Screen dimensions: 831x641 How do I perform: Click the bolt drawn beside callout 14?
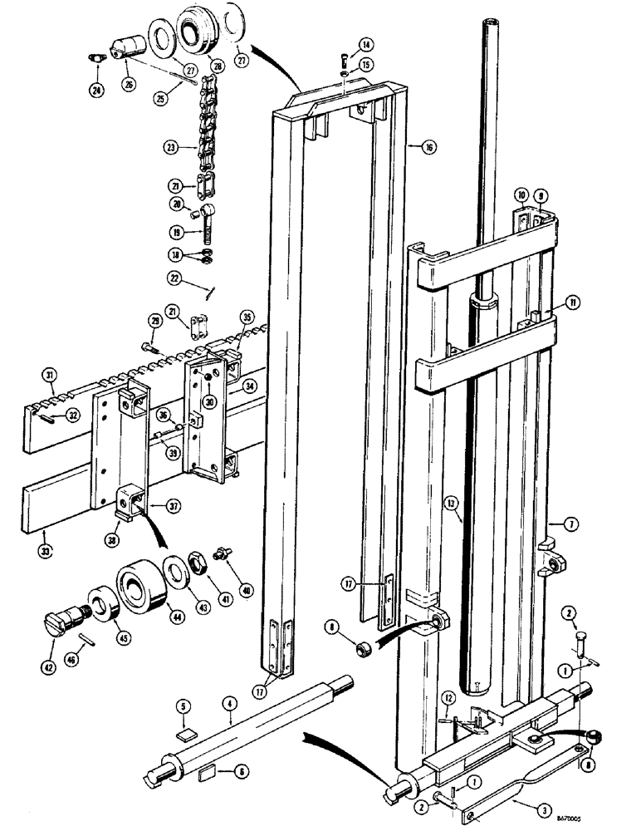click(x=343, y=59)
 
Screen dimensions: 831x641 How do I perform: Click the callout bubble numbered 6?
click(x=242, y=772)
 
